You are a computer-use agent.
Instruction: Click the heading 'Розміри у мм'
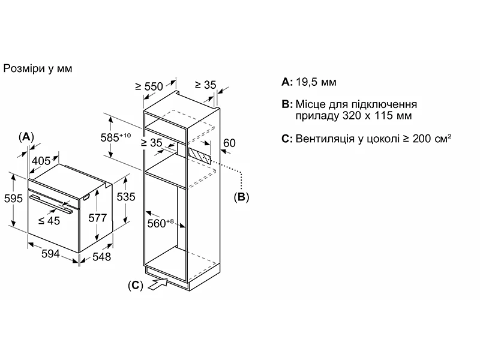[x=38, y=68]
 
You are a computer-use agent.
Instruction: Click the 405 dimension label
[x=40, y=160]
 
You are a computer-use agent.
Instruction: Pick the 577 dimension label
[x=97, y=218]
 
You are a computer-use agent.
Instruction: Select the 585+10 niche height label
[x=116, y=137]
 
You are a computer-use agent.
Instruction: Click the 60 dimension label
[x=229, y=143]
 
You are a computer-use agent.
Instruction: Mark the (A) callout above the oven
[x=26, y=137]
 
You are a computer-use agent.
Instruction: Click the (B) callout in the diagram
[x=241, y=196]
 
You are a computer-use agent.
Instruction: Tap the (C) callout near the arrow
[x=136, y=286]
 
